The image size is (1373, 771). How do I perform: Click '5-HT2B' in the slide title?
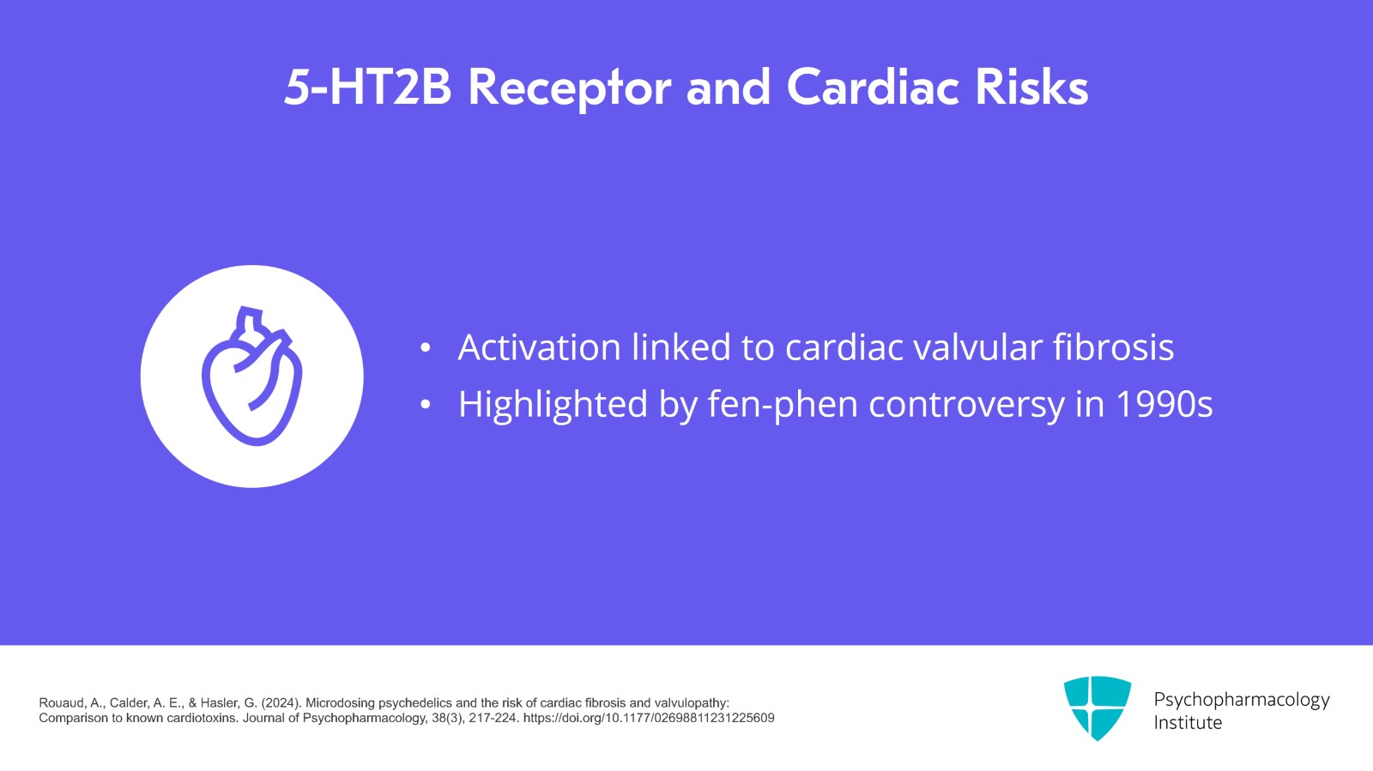point(368,87)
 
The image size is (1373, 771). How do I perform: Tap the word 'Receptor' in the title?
point(570,89)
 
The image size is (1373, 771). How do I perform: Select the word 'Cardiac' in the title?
point(873,87)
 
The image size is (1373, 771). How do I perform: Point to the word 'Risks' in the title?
point(1032,87)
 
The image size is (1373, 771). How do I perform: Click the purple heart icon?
point(252,376)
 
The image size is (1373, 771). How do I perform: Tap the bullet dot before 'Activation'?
point(426,348)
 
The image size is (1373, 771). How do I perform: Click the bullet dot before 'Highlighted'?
point(426,405)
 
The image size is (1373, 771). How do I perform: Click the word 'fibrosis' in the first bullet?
point(1113,347)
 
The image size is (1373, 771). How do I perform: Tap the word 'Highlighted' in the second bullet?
point(553,405)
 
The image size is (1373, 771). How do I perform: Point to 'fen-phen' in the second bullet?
point(783,405)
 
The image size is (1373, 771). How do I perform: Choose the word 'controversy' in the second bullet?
point(966,406)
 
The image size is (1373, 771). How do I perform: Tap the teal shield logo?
point(1098,708)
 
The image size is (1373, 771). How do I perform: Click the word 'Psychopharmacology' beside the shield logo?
point(1241,701)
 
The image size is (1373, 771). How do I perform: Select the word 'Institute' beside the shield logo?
point(1188,723)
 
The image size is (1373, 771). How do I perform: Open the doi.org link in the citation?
point(649,718)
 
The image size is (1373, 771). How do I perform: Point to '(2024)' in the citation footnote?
point(281,703)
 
